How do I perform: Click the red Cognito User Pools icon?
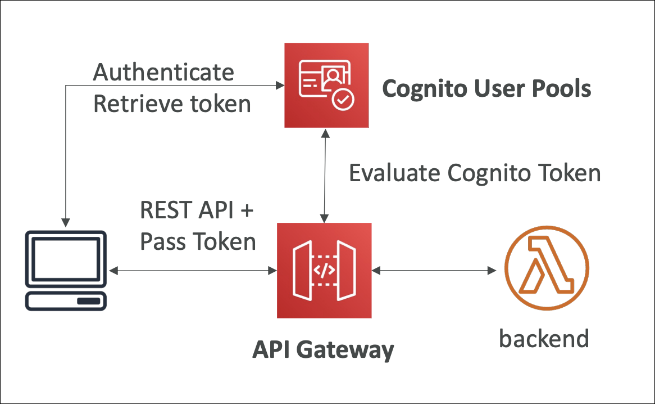(326, 84)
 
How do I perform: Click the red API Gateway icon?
(324, 270)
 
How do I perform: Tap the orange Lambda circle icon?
(546, 270)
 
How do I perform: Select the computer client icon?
(66, 270)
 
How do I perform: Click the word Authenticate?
(163, 73)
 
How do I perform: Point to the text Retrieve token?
(172, 104)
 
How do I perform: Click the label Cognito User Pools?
(486, 89)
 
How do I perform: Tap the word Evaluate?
(395, 173)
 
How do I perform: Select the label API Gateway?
(323, 350)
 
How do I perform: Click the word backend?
(544, 339)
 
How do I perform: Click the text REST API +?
(197, 212)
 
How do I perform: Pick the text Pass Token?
(198, 241)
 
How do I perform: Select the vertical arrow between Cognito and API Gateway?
(324, 174)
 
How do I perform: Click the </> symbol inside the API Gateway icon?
(324, 270)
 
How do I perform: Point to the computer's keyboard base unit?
(66, 301)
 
